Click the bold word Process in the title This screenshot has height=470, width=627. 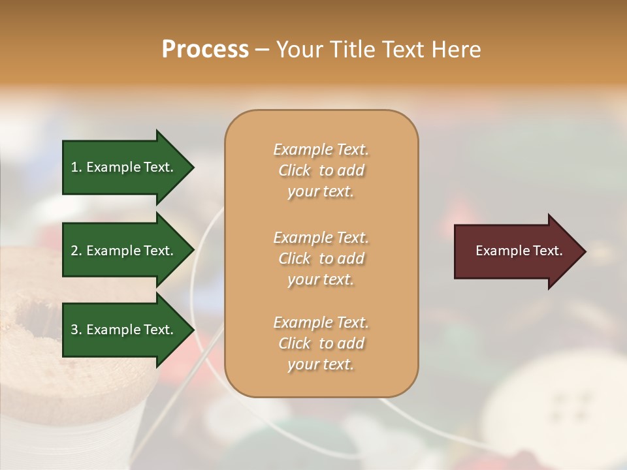205,50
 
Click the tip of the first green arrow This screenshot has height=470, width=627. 192,168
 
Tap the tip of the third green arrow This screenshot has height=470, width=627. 192,330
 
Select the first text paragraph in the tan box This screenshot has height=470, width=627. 321,170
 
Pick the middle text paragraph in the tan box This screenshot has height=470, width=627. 321,258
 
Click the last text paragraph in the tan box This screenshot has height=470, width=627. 321,343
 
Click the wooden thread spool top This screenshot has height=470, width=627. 59,339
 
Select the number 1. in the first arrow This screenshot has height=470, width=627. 76,168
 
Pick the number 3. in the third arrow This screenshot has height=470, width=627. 76,330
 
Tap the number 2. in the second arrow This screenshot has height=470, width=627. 76,251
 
